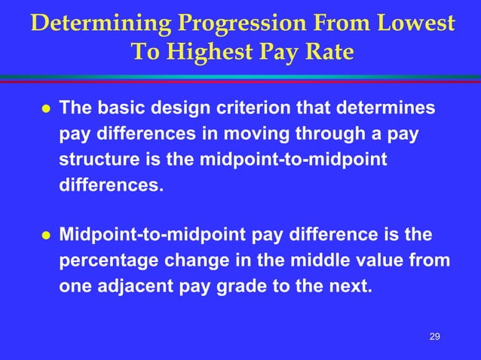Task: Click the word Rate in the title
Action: coord(327,52)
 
